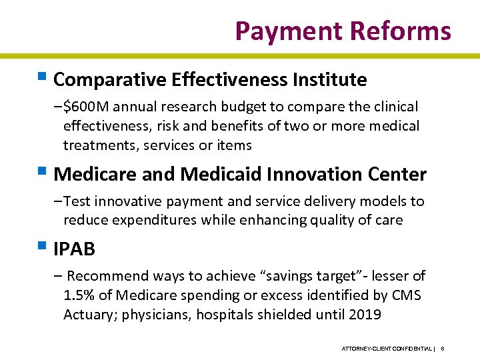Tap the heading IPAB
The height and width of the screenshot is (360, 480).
click(74, 249)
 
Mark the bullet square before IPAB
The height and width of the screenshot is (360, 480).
click(43, 249)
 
